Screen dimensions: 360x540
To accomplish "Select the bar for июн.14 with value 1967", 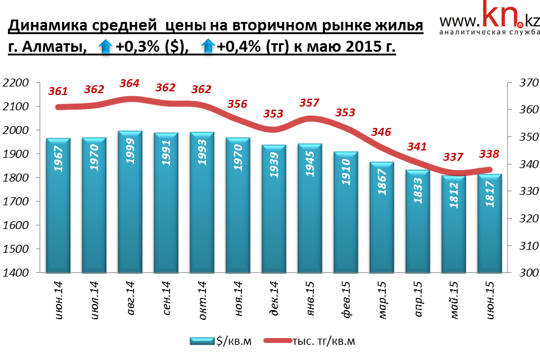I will (x=59, y=206).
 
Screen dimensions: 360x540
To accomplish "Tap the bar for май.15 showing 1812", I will (x=453, y=224).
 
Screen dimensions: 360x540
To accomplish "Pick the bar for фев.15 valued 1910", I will (x=346, y=212).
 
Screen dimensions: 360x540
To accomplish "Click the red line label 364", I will (x=129, y=83).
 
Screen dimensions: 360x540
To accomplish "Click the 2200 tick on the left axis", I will (x=17, y=83).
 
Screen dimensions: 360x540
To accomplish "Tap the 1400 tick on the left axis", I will (x=17, y=273).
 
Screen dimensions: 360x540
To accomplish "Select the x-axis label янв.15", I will (x=311, y=297).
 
